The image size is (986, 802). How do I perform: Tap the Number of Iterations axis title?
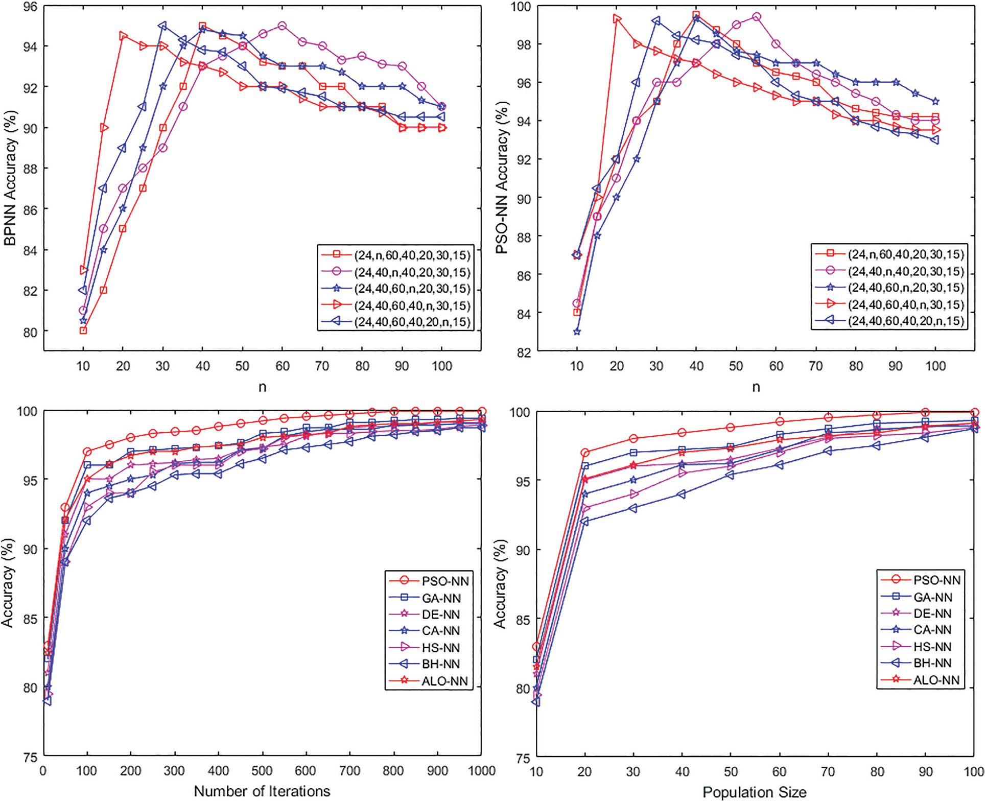(262, 791)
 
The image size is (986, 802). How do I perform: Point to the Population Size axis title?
(754, 792)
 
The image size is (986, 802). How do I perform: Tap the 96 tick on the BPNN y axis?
(30, 7)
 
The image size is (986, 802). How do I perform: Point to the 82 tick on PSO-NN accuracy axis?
(524, 352)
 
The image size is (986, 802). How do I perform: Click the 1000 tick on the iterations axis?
(482, 771)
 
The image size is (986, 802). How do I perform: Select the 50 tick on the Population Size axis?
(731, 772)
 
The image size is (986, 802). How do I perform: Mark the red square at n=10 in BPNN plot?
(83, 331)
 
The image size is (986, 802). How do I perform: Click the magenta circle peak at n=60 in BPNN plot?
(282, 26)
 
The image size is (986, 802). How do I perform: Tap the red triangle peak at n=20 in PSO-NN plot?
(617, 19)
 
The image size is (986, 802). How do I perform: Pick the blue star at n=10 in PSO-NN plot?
(577, 332)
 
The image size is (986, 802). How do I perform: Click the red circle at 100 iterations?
(87, 452)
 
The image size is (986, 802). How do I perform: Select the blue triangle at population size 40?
(682, 494)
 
